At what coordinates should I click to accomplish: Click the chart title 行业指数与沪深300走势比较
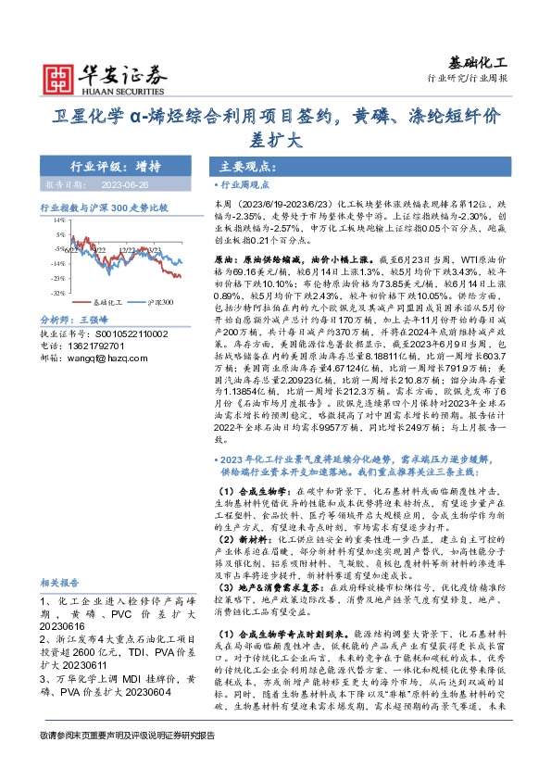pos(104,208)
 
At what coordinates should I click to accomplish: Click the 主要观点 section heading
pos(244,168)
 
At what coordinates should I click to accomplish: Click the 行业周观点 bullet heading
pos(242,185)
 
